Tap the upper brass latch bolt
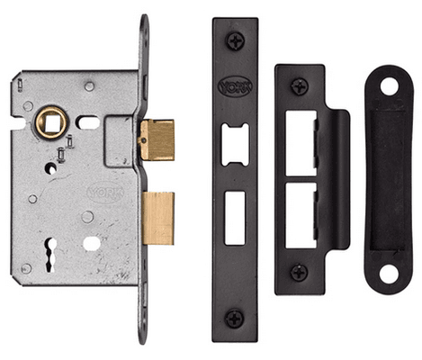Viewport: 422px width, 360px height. tap(157, 139)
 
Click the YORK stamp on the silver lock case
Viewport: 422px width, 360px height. tap(103, 192)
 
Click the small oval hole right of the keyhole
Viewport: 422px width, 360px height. tap(90, 243)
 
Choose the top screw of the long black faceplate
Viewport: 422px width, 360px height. tap(235, 40)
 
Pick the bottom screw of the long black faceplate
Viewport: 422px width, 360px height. tap(235, 318)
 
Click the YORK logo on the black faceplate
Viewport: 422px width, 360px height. tap(235, 87)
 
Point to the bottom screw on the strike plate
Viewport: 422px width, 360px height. tap(298, 271)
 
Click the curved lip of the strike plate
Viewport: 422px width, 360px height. tap(341, 180)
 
